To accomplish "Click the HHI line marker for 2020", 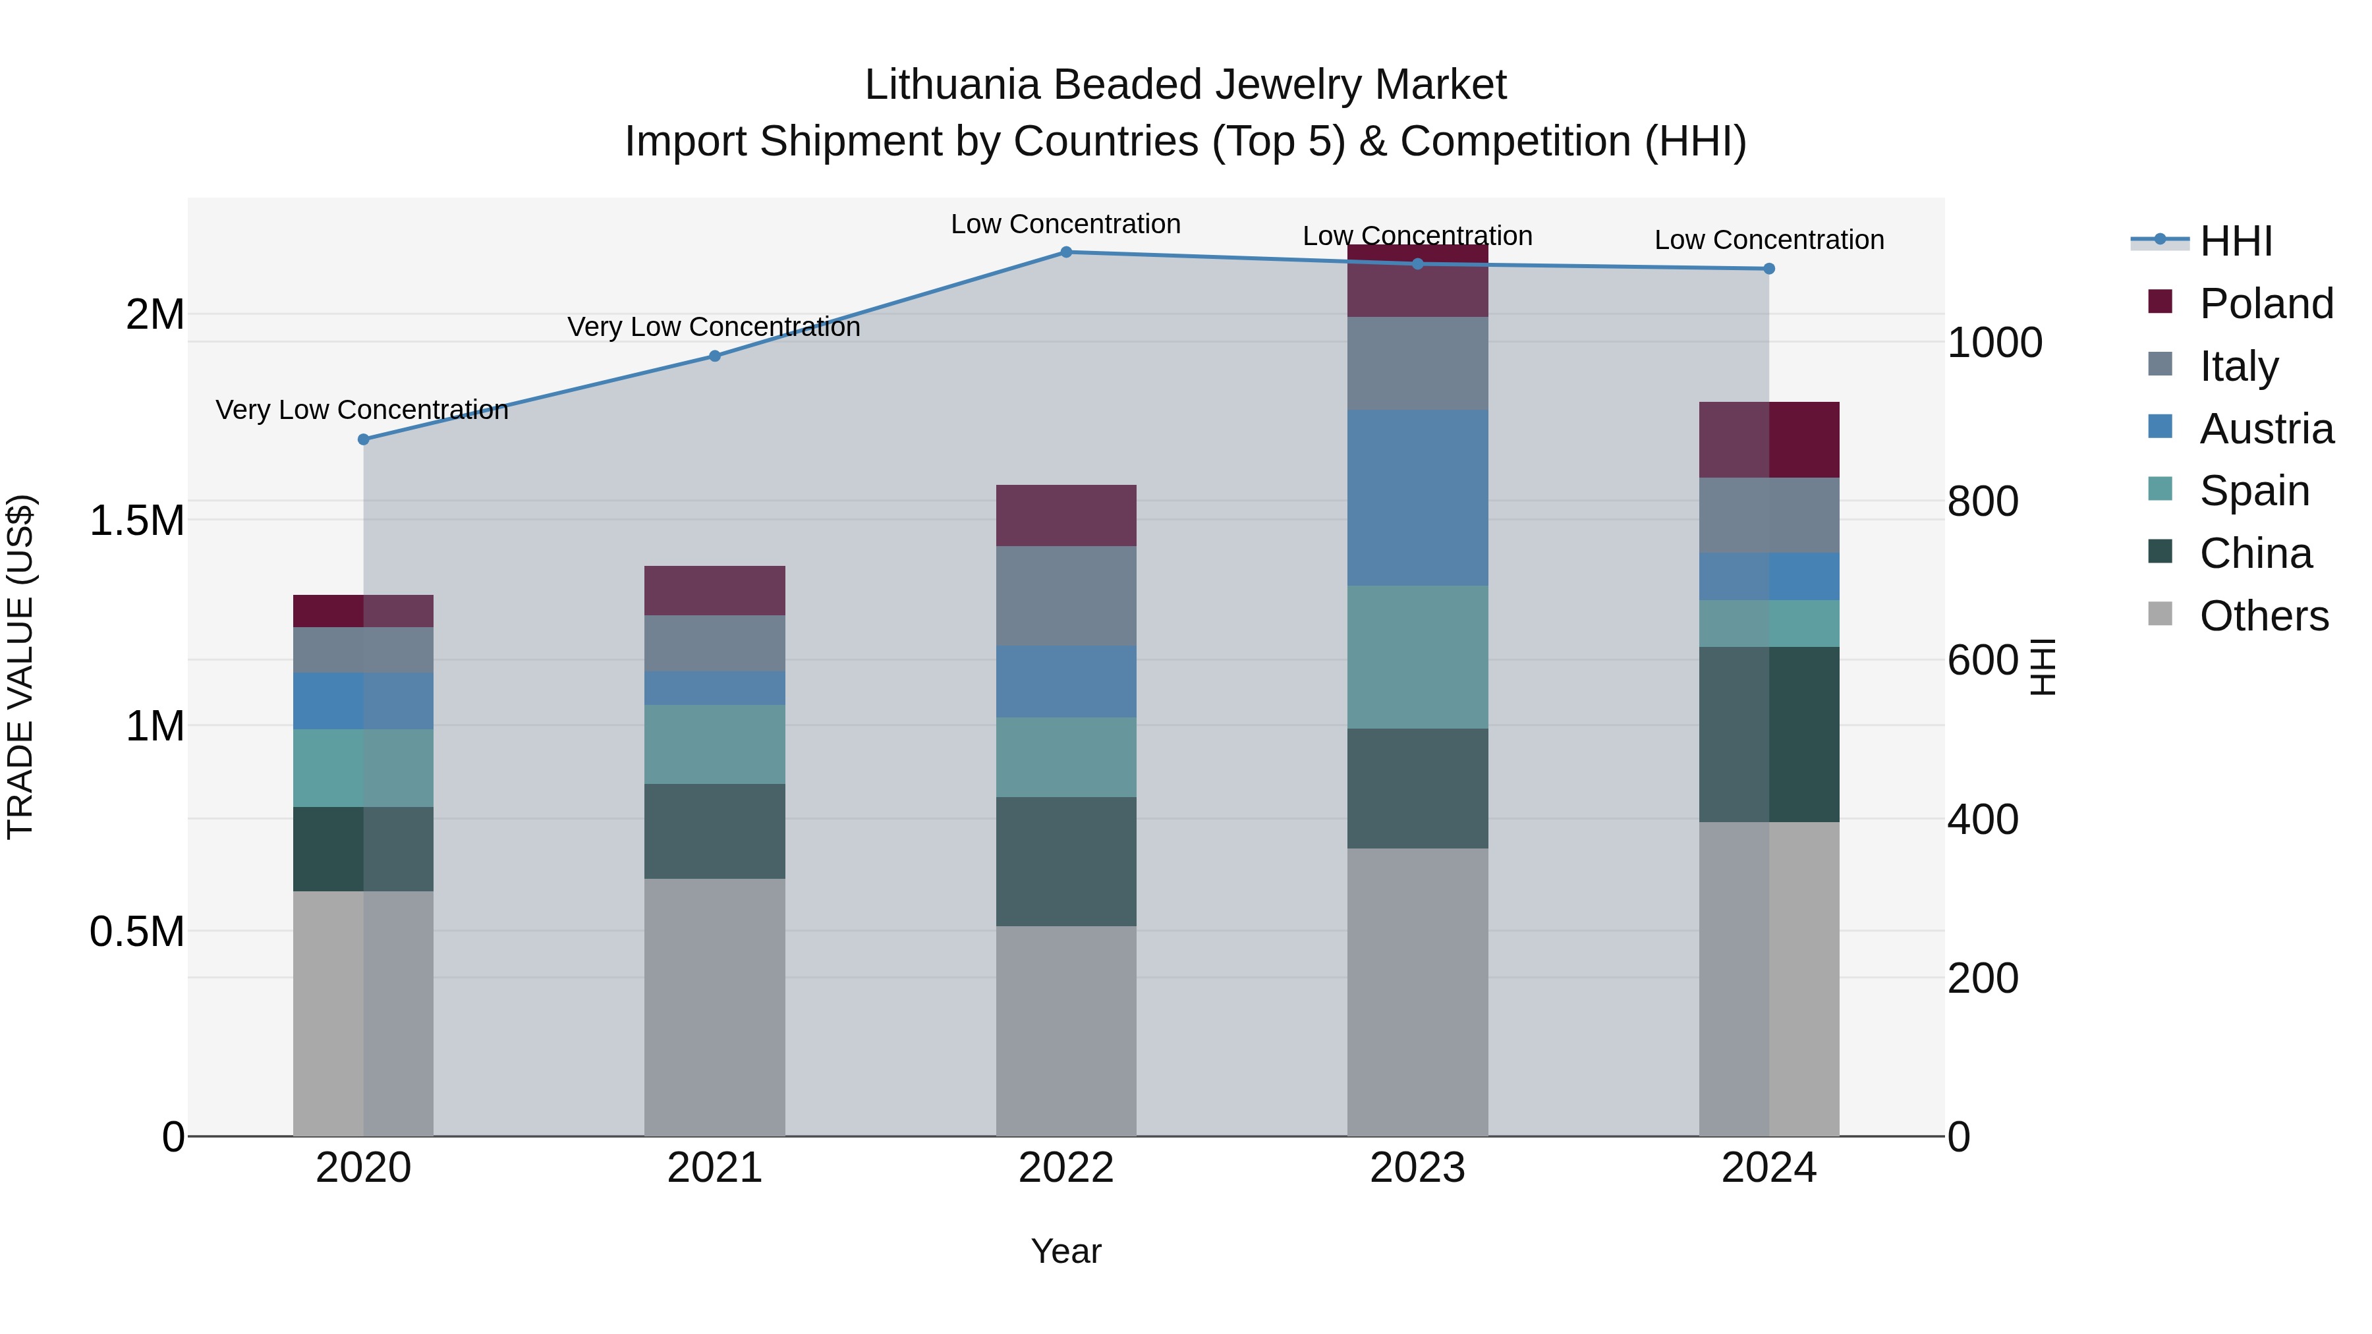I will pos(364,439).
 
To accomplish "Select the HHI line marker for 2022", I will pos(1066,252).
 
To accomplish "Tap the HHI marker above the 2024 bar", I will pos(1769,269).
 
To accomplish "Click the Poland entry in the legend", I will pos(2265,304).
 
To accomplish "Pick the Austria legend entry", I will pos(2265,429).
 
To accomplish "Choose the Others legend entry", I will pos(2263,616).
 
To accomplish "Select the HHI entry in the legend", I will pos(2236,241).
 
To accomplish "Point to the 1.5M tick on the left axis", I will pos(136,521).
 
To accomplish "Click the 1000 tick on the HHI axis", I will pos(1994,343).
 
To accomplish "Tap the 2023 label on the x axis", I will pos(1417,1168).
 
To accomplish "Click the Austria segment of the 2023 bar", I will pos(1417,497).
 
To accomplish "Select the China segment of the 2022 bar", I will pos(1066,861).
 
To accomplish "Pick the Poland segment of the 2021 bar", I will pos(714,590).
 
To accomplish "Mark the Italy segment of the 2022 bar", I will pos(1066,596).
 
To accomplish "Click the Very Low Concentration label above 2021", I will pos(714,327).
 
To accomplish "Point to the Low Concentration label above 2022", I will pos(1065,225).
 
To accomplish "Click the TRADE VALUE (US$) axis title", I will pos(20,667).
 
